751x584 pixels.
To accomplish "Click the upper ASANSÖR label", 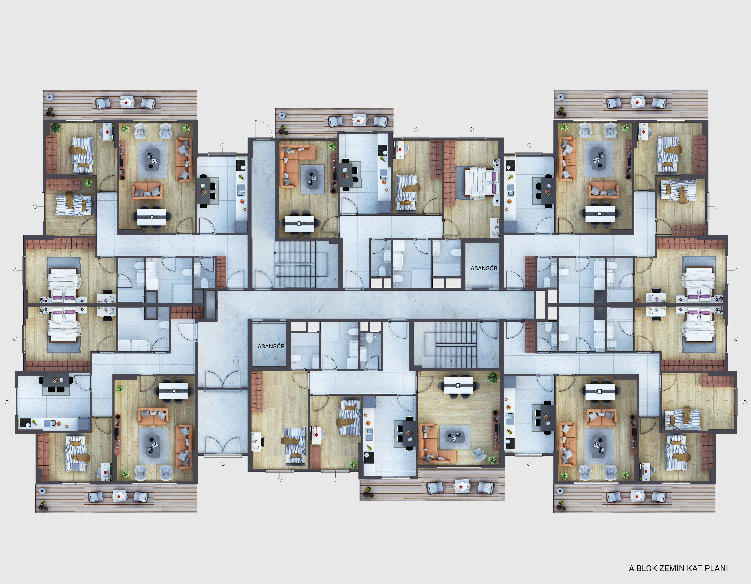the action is tap(484, 268).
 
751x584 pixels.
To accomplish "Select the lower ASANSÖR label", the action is tap(271, 346).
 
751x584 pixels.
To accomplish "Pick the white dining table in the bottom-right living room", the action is tap(600, 391).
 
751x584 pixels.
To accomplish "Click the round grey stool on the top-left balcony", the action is tap(50, 97).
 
